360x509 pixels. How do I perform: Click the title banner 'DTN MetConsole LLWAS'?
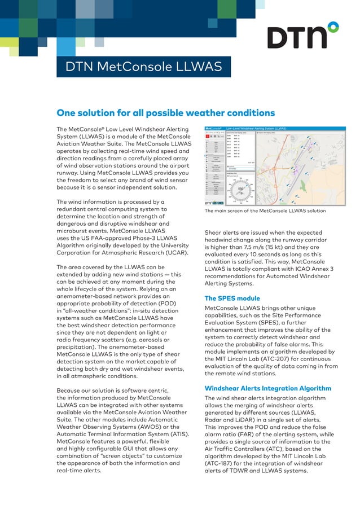pyautogui.click(x=143, y=67)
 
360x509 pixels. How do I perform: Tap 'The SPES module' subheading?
pyautogui.click(x=232, y=299)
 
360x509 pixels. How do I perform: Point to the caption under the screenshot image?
pyautogui.click(x=265, y=211)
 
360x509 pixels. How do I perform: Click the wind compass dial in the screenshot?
pyautogui.click(x=241, y=190)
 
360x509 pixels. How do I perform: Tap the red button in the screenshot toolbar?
pyautogui.click(x=208, y=137)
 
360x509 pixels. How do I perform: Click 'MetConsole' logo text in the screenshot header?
pyautogui.click(x=213, y=129)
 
